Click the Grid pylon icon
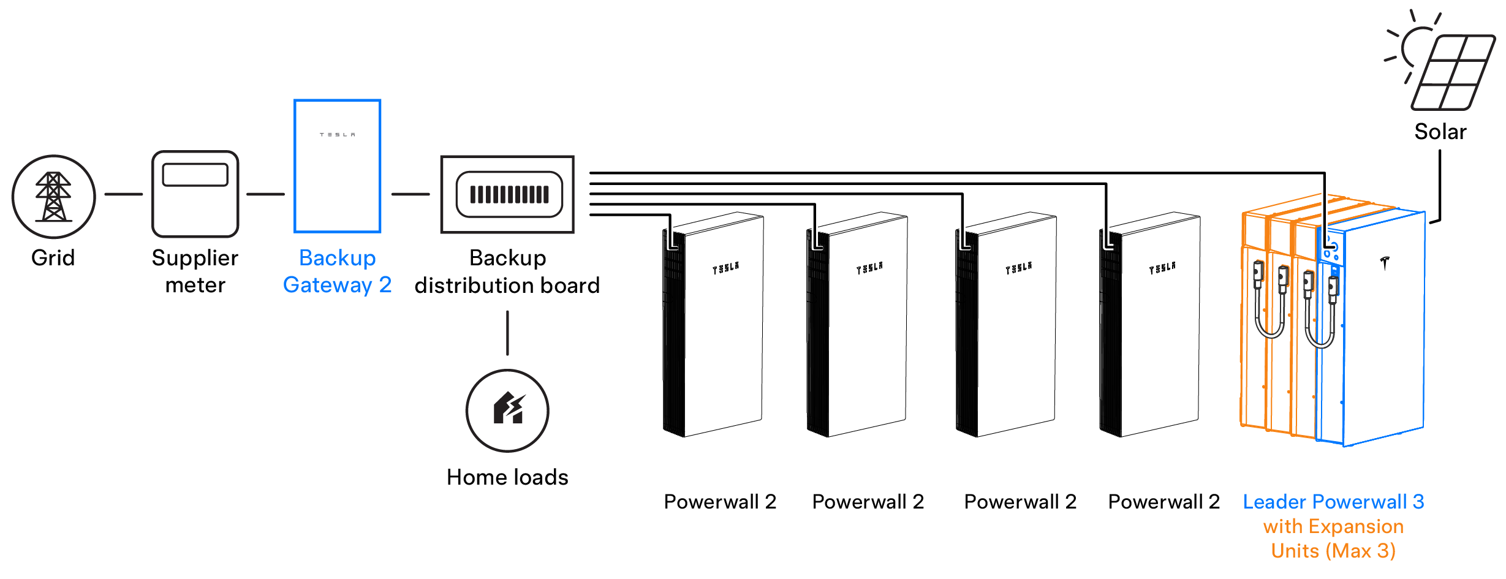coord(53,197)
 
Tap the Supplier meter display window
coord(195,175)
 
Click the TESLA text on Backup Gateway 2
coord(337,134)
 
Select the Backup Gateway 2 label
coord(337,271)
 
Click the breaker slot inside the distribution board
coord(509,194)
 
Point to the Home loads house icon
coord(508,409)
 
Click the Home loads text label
coord(507,477)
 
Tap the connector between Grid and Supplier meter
coord(123,194)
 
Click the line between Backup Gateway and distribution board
coord(411,194)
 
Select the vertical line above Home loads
coord(507,333)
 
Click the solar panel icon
coord(1451,72)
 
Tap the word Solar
coord(1440,132)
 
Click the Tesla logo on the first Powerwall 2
coord(725,268)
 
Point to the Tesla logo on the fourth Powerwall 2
coord(1162,268)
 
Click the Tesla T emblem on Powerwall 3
coord(1385,263)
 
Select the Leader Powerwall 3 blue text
coord(1333,502)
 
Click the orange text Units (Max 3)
coord(1333,551)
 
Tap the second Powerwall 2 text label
coord(868,502)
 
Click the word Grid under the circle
coord(53,258)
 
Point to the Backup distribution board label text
coord(507,271)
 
